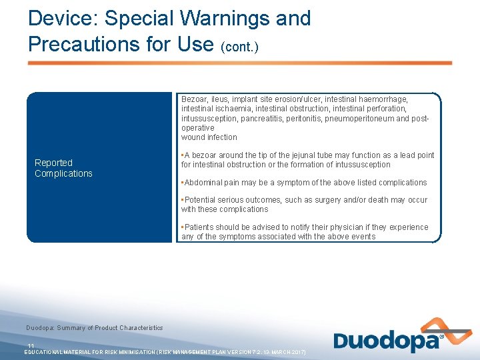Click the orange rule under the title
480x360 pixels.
pos(239,63)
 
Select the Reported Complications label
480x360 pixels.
pos(63,168)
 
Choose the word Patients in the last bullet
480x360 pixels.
pos(201,227)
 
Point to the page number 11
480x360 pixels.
pos(31,345)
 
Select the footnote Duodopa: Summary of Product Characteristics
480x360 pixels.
pos(94,328)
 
